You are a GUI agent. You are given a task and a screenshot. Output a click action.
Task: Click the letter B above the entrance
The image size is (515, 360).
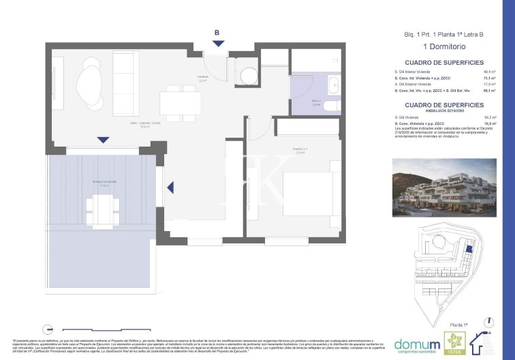tap(217, 32)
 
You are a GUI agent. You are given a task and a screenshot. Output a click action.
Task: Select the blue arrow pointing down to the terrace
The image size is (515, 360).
tap(102, 140)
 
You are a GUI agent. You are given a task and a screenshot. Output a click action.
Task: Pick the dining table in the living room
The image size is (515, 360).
tap(181, 103)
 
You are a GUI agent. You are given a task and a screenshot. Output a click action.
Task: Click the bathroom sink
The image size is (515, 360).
tap(333, 86)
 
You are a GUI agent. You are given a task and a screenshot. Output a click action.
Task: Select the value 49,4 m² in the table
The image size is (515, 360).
tap(489, 72)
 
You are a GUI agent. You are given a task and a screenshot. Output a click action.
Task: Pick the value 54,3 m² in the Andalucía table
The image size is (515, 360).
tap(489, 117)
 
